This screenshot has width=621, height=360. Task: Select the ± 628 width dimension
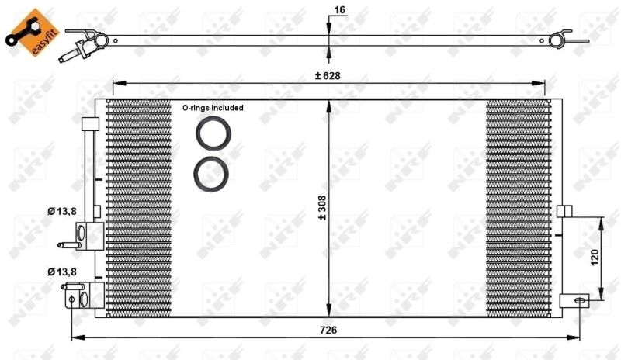tap(328, 75)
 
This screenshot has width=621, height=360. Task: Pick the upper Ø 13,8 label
tap(62, 211)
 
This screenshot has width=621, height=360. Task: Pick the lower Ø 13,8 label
tap(62, 272)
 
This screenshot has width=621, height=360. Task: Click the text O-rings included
tap(213, 108)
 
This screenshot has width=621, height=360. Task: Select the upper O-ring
tap(210, 134)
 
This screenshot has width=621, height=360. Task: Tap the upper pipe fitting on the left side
tap(84, 235)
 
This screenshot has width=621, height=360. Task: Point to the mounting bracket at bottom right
tap(575, 300)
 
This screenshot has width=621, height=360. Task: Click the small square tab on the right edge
tap(564, 211)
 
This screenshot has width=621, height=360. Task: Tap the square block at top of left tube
tap(89, 124)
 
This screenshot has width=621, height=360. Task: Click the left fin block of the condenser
tap(138, 208)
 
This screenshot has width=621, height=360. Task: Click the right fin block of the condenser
tap(517, 208)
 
